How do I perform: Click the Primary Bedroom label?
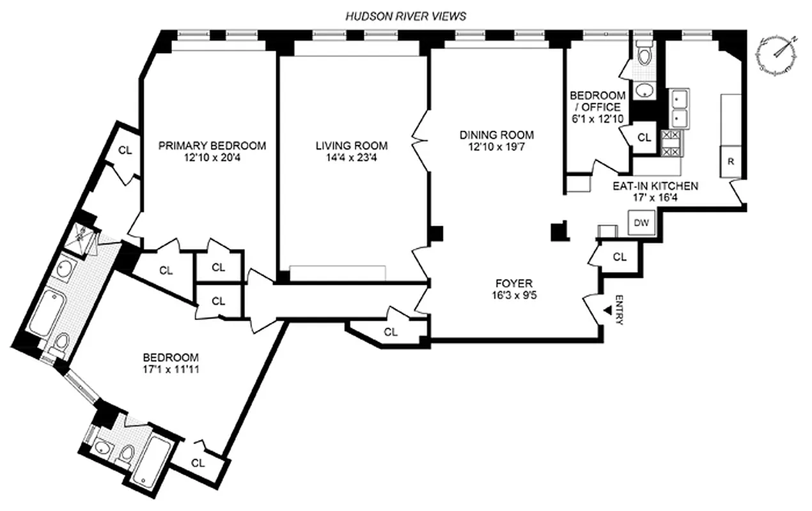click(212, 146)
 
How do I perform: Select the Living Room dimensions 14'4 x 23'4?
click(351, 158)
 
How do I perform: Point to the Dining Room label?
click(496, 135)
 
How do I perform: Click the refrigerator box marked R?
click(731, 161)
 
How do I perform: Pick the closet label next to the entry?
click(619, 257)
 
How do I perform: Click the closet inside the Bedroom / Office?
click(644, 137)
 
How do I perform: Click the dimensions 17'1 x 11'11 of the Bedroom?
click(170, 369)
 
